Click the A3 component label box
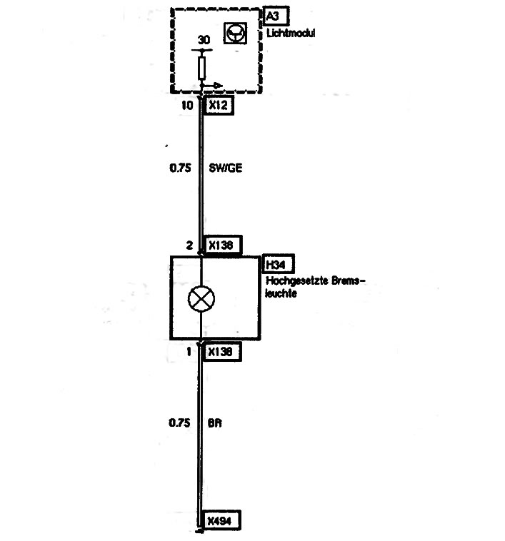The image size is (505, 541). click(x=276, y=16)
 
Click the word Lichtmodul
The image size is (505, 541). click(x=291, y=34)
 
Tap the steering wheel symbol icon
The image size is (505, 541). click(x=236, y=33)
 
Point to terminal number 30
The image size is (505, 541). click(x=204, y=40)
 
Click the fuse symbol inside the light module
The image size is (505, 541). click(x=202, y=69)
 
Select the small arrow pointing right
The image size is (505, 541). click(x=212, y=85)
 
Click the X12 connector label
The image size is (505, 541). click(x=219, y=105)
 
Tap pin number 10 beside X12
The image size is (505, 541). click(x=187, y=105)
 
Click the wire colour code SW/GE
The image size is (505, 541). click(x=226, y=168)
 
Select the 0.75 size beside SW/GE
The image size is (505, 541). click(x=180, y=168)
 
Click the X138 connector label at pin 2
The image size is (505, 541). click(x=224, y=246)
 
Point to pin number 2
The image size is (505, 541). click(x=189, y=246)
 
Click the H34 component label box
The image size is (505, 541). click(x=279, y=264)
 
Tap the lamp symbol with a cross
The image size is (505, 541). click(x=201, y=299)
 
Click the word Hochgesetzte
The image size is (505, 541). click(x=297, y=281)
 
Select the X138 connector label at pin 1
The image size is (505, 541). click(x=222, y=352)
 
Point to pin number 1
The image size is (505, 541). click(x=189, y=352)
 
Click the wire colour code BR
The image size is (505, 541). click(x=215, y=423)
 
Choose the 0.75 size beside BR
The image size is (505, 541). click(x=179, y=423)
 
